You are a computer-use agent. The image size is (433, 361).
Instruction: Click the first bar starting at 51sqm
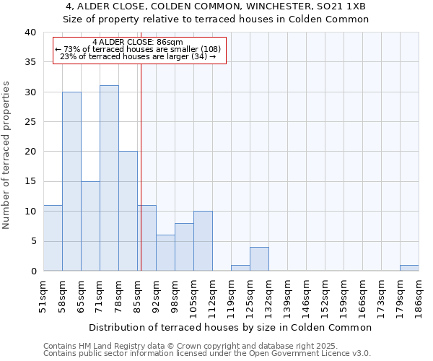point(53,238)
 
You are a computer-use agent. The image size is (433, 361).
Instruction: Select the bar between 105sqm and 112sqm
point(203,241)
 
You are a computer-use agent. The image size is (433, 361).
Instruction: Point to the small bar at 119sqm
point(240,268)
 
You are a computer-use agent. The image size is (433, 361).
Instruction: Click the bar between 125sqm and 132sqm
point(259,259)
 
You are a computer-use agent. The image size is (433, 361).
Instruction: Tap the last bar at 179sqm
point(409,268)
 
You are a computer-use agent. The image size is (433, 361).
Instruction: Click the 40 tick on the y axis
point(30,32)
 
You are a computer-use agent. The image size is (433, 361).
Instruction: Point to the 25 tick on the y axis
point(30,122)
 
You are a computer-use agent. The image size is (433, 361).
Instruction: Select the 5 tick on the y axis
point(33,241)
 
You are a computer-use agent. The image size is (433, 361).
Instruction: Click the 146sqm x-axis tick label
point(306,297)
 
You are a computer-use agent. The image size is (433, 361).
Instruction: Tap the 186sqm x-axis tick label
point(419,297)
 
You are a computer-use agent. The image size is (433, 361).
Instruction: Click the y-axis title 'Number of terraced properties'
point(7,155)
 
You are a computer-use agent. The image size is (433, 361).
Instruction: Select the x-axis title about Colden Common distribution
point(231,327)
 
